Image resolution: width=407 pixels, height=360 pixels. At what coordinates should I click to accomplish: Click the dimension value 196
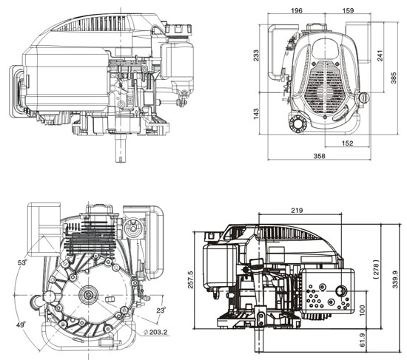(297, 10)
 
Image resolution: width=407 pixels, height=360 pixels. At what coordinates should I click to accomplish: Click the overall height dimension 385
(396, 77)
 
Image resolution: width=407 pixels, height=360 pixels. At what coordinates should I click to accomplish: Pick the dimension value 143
(257, 115)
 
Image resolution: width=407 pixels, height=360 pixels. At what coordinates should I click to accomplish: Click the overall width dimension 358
(319, 157)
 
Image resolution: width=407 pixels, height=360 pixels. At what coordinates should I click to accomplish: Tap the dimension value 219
(296, 210)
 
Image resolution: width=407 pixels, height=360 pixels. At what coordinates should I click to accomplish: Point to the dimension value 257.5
(191, 273)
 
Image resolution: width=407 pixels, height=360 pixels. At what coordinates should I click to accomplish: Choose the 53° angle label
(23, 262)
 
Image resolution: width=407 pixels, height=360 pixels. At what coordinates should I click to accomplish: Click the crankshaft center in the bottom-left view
(90, 296)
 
